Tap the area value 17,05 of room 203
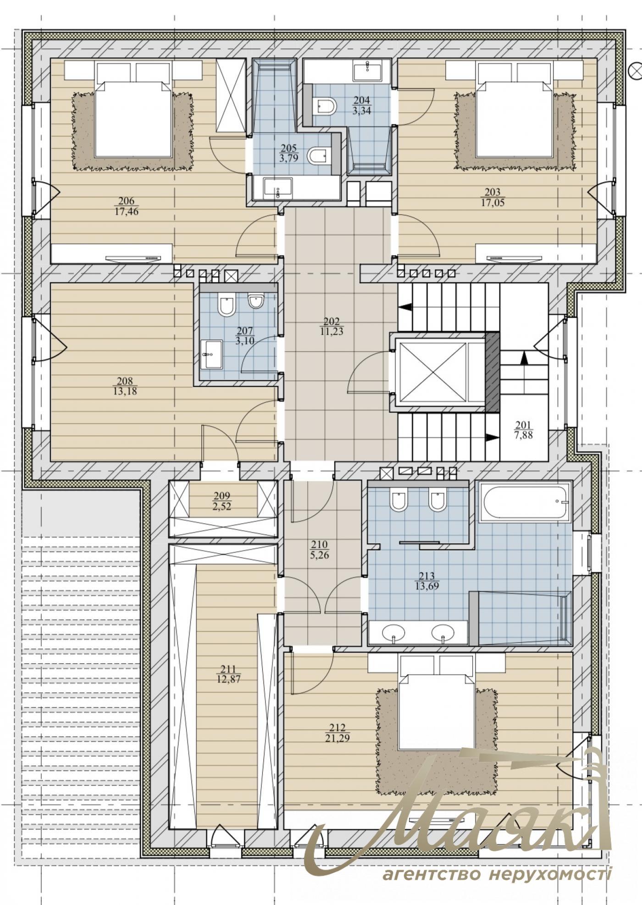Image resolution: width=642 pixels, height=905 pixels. [x=493, y=202]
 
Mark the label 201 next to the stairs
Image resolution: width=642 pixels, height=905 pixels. [x=524, y=425]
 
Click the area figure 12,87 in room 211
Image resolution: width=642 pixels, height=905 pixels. [x=229, y=679]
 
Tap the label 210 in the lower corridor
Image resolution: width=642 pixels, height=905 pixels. [x=319, y=544]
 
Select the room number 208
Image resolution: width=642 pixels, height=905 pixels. [x=125, y=381]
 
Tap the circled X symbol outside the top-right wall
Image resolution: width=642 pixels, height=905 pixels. [x=637, y=70]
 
